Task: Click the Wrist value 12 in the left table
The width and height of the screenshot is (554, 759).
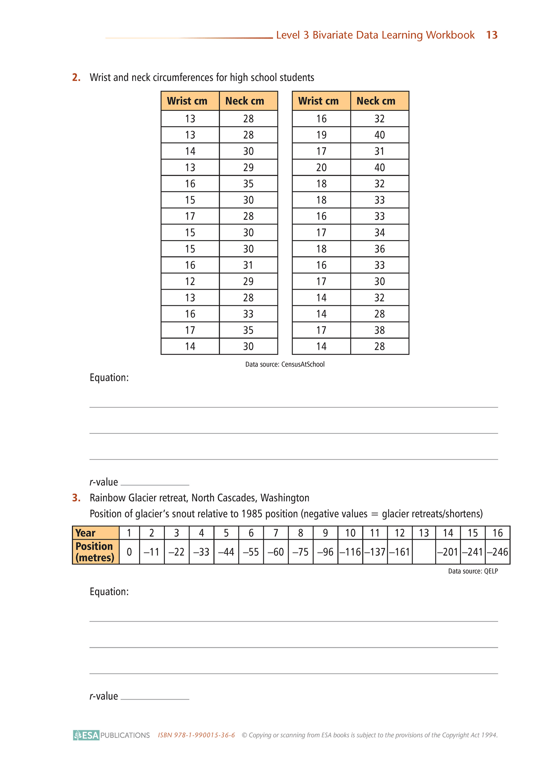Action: pos(190,282)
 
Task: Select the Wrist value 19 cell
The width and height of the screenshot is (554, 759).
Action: pos(321,135)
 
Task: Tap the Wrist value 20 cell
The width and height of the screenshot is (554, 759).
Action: pos(321,168)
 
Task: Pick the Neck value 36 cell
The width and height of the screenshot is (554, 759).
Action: pos(380,249)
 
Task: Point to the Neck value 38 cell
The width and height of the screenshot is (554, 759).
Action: pos(380,330)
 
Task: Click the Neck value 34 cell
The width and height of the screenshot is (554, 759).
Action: pos(380,232)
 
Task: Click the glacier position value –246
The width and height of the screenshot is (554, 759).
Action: pos(497,552)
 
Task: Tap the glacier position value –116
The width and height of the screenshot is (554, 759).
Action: pos(350,552)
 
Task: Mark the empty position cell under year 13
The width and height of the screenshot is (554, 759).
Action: pos(424,552)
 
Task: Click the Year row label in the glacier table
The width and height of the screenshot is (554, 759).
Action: pos(85,533)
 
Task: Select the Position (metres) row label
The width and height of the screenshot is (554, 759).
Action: pos(95,552)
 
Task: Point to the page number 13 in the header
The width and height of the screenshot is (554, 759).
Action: pos(492,35)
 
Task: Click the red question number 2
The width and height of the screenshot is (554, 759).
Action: pos(76,77)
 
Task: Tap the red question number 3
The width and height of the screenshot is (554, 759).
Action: pos(76,498)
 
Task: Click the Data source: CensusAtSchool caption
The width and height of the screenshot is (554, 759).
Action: pos(285,364)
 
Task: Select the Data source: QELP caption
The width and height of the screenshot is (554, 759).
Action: pos(473,571)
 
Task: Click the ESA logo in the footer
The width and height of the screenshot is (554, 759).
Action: pos(87,735)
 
